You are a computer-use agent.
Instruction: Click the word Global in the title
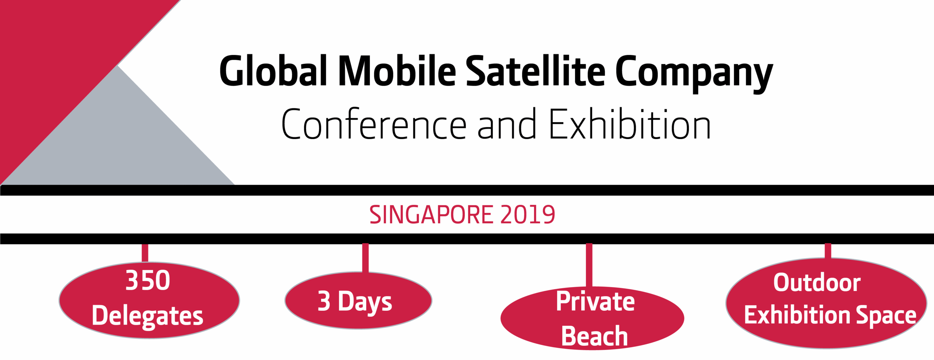point(273,71)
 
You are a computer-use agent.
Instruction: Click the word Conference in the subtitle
point(374,124)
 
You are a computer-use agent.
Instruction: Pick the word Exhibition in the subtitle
point(630,124)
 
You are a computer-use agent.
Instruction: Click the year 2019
point(528,214)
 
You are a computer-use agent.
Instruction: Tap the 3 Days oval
point(358,301)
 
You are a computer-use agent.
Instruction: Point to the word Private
point(595,301)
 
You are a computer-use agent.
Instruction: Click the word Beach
point(594,336)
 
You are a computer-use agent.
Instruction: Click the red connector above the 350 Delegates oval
point(145,253)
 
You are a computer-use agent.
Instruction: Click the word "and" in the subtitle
point(507,124)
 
